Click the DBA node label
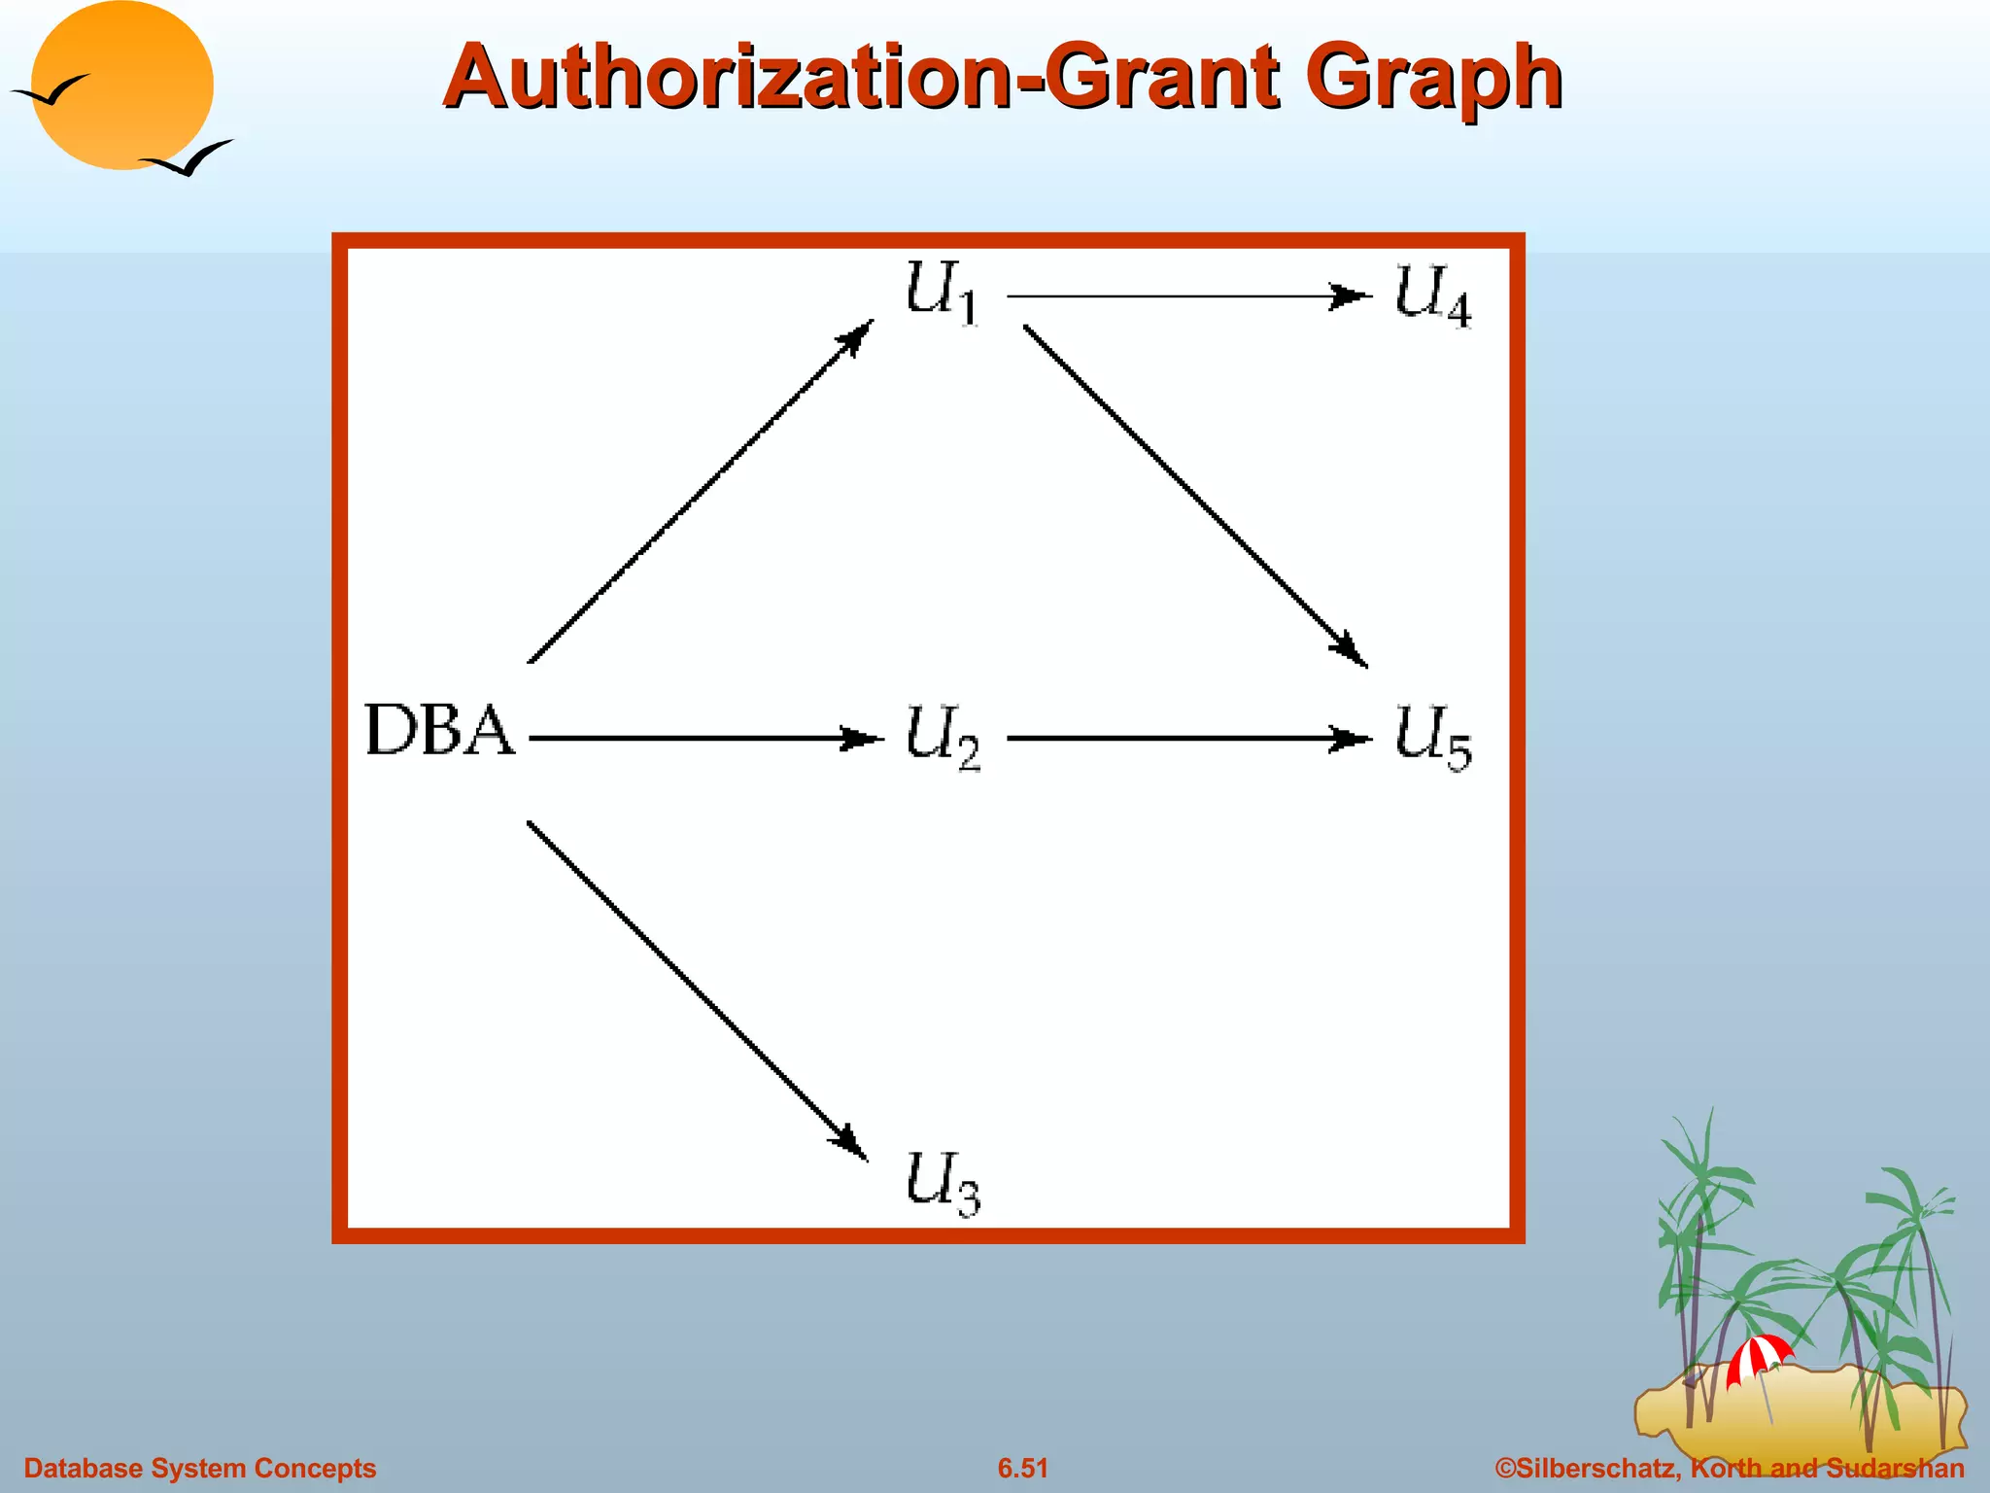coord(439,731)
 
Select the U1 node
coord(941,292)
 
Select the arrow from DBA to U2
coord(704,739)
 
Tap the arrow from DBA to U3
coord(697,990)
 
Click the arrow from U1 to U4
coord(1187,295)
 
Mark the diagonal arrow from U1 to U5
coord(1195,496)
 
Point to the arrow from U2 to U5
coord(1187,739)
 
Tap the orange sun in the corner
coord(121,86)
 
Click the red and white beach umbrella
coord(1758,1357)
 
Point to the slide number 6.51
coord(1022,1468)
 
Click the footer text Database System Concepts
coord(200,1468)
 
